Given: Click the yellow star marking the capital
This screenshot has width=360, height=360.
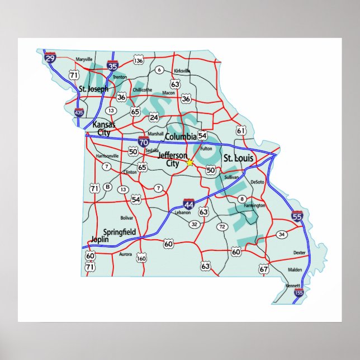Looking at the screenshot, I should (x=190, y=162).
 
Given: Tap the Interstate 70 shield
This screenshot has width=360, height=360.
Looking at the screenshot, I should (x=144, y=141).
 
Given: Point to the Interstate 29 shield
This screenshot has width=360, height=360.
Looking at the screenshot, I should (x=50, y=58).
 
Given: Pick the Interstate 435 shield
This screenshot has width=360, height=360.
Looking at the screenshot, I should (x=79, y=113).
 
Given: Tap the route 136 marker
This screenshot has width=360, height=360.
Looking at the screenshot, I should (x=139, y=60).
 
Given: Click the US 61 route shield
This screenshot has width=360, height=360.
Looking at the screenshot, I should (x=241, y=131).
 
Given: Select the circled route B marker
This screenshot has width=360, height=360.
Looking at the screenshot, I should (x=108, y=187).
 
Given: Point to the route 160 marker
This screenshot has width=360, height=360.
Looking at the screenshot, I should (x=141, y=258).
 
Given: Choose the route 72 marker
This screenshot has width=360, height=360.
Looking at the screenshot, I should (x=222, y=226).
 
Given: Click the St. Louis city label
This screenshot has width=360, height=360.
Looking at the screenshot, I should (x=238, y=159).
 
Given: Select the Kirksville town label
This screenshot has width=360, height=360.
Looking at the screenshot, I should (x=182, y=71).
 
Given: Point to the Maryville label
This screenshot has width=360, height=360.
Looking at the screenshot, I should (x=83, y=59).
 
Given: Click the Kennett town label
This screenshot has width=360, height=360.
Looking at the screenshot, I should (x=292, y=286).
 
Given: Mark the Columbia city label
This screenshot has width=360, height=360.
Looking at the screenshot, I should (x=180, y=136).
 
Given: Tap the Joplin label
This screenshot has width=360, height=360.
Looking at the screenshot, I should (x=100, y=239).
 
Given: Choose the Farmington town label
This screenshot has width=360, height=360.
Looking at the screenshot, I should (x=254, y=206).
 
